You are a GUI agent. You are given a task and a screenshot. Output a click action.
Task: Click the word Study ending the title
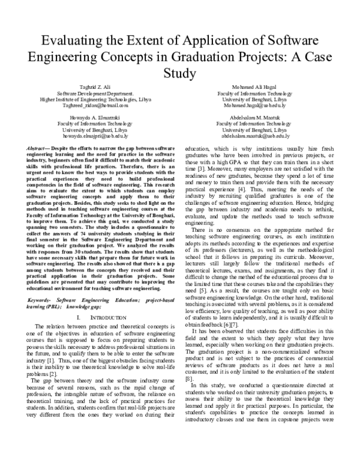tap(179, 74)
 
